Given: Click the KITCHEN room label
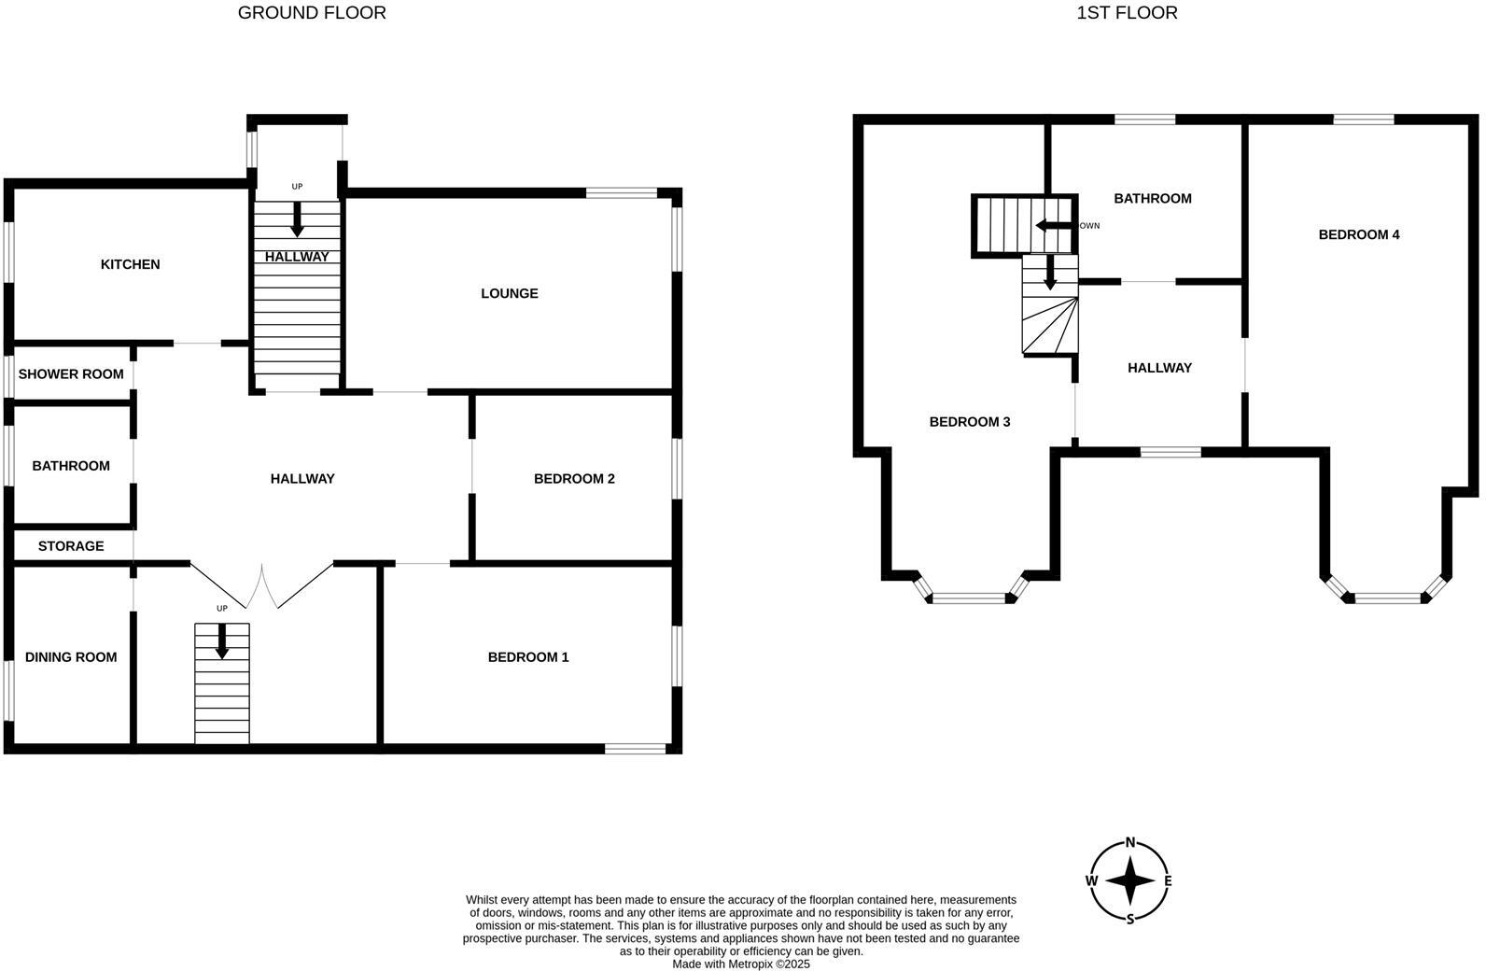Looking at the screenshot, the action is (x=130, y=264).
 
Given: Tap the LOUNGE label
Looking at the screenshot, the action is (x=509, y=293).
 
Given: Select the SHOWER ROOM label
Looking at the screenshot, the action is (x=71, y=374).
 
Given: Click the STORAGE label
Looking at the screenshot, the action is (x=71, y=546).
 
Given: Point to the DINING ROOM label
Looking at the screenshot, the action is (x=71, y=657).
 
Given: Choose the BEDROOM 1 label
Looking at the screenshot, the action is (x=527, y=657).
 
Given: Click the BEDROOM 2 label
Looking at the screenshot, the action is (x=574, y=479).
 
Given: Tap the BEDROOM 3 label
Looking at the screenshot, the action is (x=969, y=422).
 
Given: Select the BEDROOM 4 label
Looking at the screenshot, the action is (x=1358, y=234).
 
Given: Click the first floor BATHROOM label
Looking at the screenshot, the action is (x=1153, y=198).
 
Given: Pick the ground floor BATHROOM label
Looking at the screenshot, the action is (x=71, y=466).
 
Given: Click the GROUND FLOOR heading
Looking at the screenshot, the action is (x=312, y=13).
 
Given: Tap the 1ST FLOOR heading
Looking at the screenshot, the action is (x=1127, y=13).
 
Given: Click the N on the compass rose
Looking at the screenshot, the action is (x=1130, y=842).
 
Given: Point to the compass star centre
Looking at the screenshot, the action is (x=1130, y=880).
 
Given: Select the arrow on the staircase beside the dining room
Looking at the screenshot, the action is (x=222, y=640).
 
